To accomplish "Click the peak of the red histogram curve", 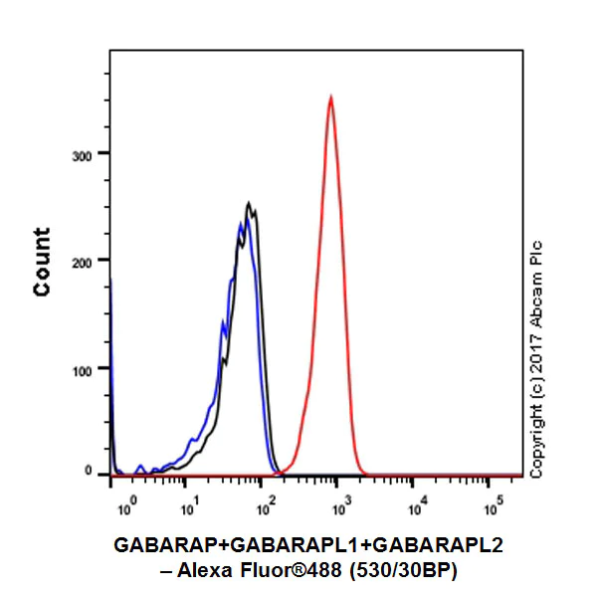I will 330,98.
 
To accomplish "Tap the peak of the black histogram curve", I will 249,205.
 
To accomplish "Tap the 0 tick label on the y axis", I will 89,471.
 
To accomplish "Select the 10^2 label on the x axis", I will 265,508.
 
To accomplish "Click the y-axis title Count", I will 42,262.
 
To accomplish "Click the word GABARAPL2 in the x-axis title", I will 433,545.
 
